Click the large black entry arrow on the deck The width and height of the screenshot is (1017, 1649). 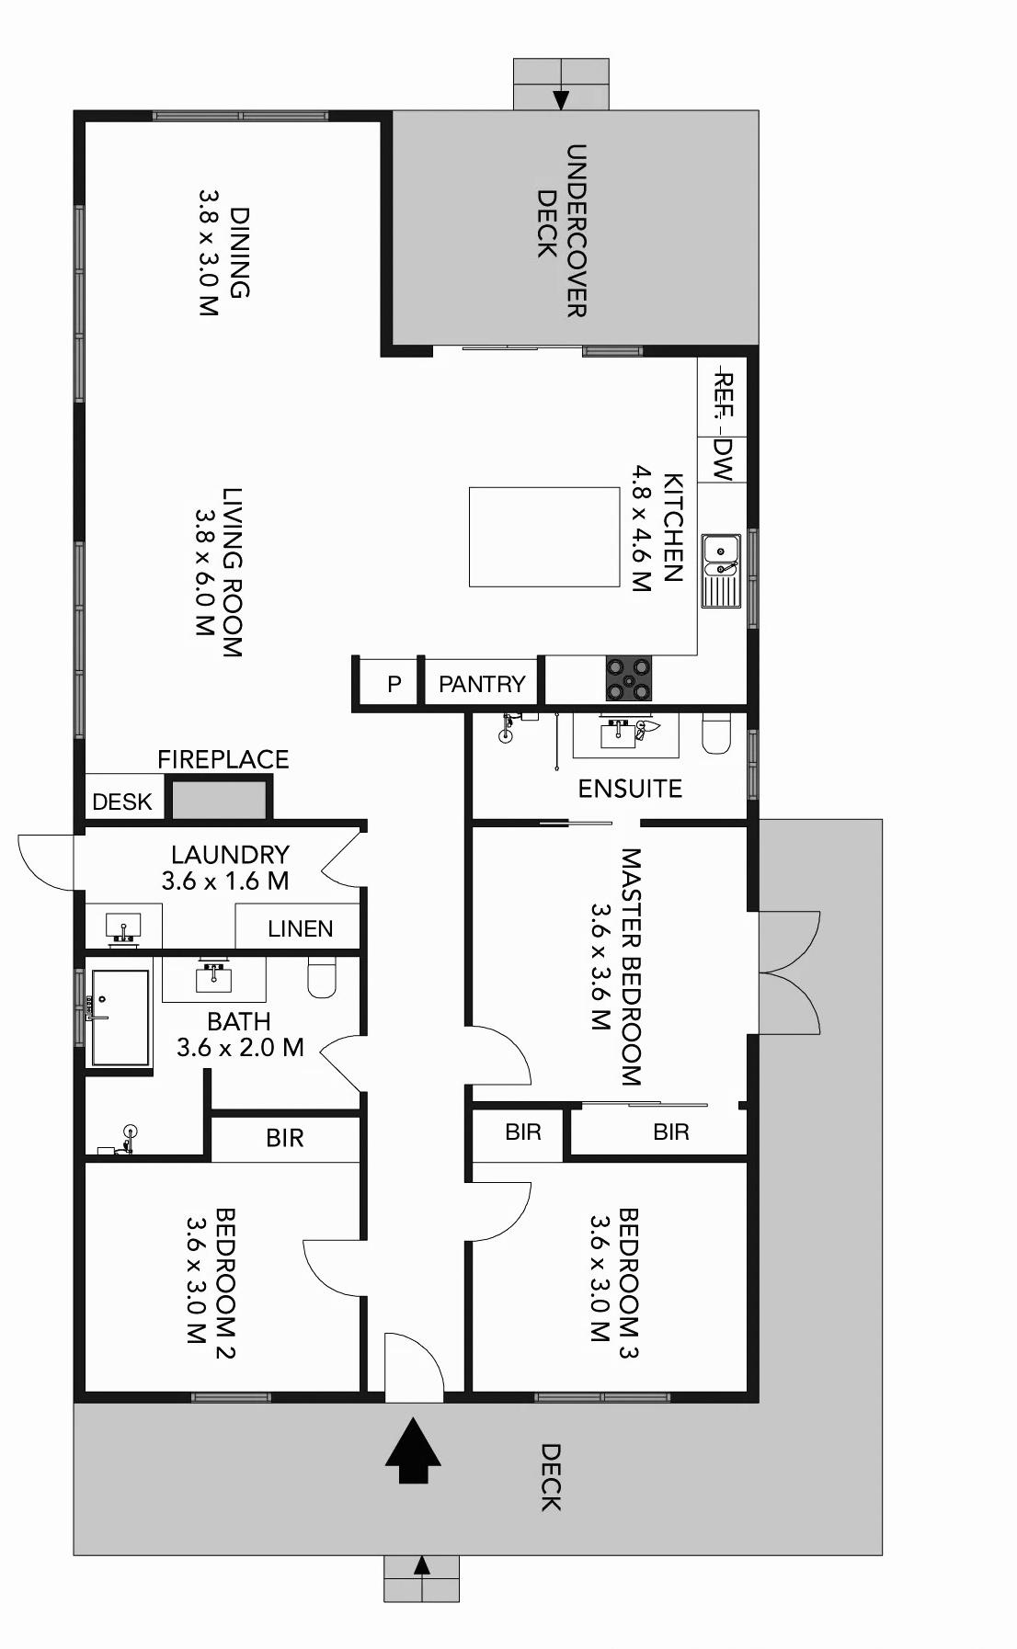(413, 1450)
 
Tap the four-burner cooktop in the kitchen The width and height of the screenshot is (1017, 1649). (628, 678)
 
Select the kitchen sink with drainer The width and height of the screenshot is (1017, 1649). (722, 571)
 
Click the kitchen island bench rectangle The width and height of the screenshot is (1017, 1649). (544, 537)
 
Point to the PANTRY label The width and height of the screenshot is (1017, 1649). (482, 684)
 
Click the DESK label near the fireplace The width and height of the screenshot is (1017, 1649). (122, 802)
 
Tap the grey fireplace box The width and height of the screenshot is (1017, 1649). (219, 800)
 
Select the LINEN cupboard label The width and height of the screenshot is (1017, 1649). (301, 928)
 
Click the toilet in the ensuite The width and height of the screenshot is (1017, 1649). (715, 733)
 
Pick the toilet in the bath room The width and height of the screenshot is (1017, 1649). (322, 977)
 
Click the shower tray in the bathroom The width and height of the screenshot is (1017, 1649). (120, 1018)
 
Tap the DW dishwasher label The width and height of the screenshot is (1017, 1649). (724, 459)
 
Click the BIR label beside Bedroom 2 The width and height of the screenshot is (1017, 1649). (285, 1138)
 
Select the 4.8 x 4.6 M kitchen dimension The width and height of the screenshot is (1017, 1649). (641, 529)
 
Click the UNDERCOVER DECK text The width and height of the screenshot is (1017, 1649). (562, 230)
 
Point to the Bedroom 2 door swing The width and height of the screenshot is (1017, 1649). (333, 1267)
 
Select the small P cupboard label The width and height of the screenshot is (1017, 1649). (394, 684)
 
